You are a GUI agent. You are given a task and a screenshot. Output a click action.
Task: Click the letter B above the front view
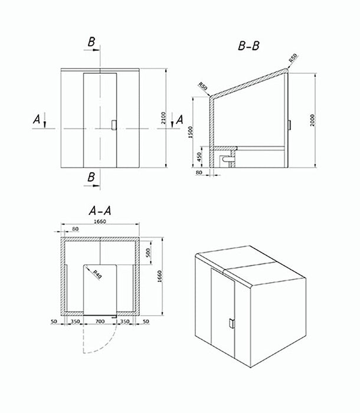pos(91,42)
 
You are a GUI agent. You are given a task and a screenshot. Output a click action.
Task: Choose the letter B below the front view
pos(91,177)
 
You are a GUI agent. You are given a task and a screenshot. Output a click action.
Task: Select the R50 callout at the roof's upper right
pos(292,59)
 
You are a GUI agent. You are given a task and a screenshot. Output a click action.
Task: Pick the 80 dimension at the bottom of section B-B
pos(199,173)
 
